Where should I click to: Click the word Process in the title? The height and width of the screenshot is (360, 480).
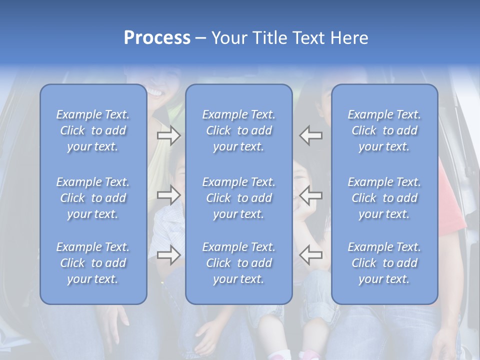157,38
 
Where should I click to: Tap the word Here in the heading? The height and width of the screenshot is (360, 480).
349,38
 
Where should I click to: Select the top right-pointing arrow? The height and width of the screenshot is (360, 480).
168,135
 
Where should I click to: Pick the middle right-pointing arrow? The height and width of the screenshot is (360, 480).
168,195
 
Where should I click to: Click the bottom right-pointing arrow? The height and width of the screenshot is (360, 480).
168,255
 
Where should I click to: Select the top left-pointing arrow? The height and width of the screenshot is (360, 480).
311,135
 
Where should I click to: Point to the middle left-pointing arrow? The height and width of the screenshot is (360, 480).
311,195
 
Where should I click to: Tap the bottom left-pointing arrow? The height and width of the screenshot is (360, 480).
311,255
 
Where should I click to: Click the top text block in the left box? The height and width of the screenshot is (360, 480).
93,130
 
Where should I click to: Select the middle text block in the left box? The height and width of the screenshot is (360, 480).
93,198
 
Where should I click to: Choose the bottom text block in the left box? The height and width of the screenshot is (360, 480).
93,263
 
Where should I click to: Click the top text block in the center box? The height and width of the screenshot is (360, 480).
239,130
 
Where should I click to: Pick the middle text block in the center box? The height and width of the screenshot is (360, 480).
239,198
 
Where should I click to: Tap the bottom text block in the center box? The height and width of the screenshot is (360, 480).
239,263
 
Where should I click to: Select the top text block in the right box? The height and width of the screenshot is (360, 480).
384,130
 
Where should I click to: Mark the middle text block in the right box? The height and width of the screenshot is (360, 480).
384,198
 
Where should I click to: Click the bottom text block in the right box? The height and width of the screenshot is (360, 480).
384,263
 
